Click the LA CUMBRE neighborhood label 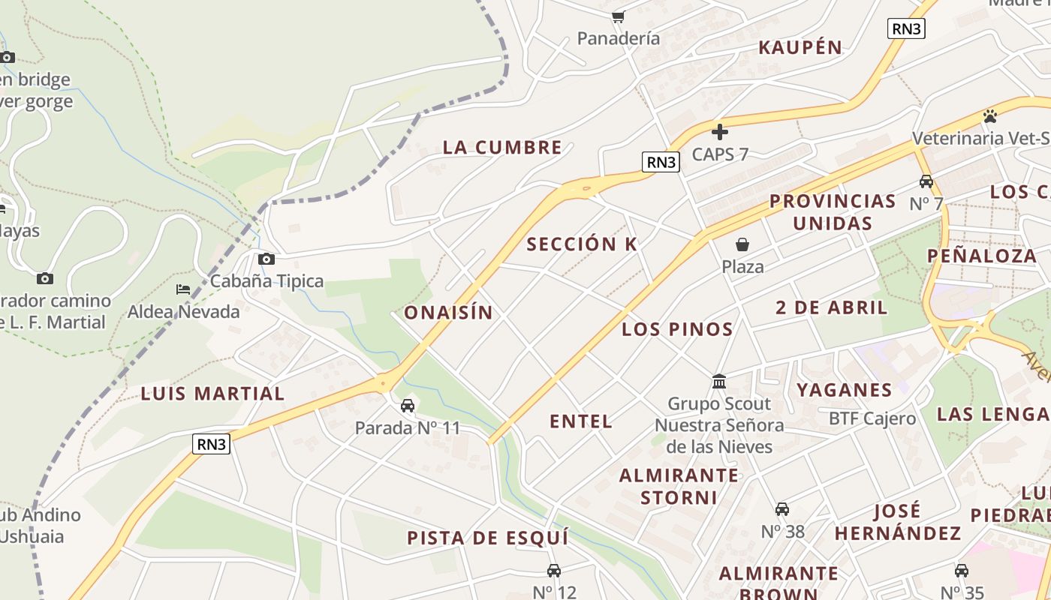(502, 147)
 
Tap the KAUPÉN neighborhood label (800, 47)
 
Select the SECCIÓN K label (582, 244)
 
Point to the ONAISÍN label (449, 313)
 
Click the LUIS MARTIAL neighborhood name (213, 394)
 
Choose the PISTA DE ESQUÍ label (488, 538)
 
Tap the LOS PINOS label (677, 329)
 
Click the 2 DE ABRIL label (832, 307)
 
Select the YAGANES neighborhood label (845, 389)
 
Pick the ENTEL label (581, 421)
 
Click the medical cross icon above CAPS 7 (720, 133)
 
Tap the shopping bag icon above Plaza (742, 244)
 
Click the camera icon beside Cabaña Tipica (266, 259)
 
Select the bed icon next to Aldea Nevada (183, 289)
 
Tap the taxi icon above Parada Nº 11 (408, 406)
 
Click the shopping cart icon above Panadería (618, 16)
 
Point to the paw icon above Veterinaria (990, 116)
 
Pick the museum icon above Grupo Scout (719, 382)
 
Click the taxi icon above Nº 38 (782, 509)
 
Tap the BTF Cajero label (872, 418)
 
